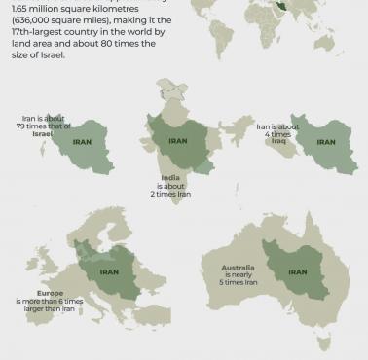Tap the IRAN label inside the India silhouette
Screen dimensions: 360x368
click(178, 141)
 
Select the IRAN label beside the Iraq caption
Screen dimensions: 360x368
click(326, 142)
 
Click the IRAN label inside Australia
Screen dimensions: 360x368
click(298, 272)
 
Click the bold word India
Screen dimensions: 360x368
click(170, 178)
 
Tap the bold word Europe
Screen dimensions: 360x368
click(50, 293)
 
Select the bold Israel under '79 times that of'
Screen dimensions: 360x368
click(43, 133)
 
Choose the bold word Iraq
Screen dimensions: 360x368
click(278, 141)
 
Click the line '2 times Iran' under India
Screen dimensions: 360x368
click(170, 195)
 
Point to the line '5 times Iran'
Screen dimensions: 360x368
click(238, 283)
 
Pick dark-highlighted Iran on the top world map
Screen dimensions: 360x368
click(311, 6)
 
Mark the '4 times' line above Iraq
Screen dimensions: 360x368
click(278, 133)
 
